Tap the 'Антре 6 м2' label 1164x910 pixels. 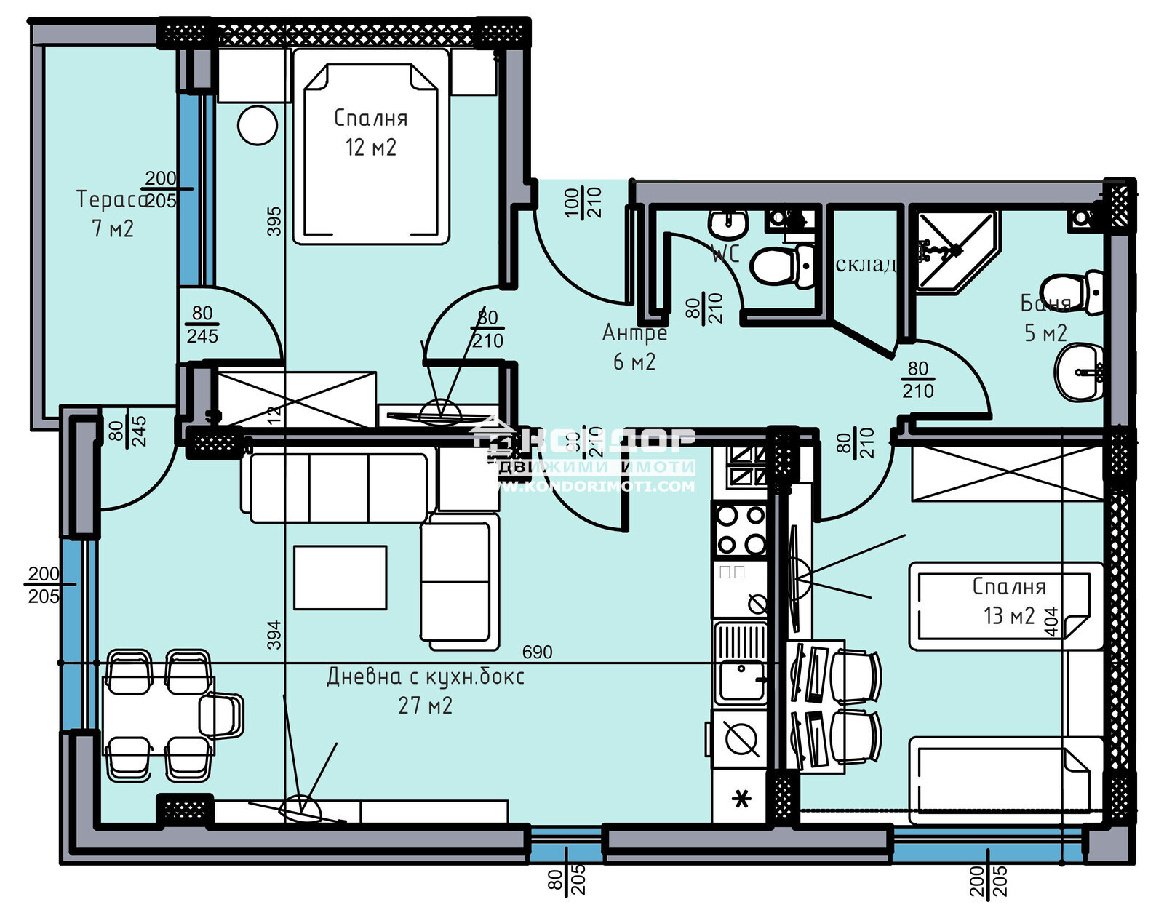point(634,346)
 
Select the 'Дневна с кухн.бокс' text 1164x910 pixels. point(426,676)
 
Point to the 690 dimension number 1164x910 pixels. point(537,652)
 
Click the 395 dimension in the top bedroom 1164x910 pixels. point(274,221)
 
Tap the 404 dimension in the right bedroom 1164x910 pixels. point(1051,622)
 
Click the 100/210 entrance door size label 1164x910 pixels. point(583,202)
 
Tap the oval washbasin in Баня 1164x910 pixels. point(1079,372)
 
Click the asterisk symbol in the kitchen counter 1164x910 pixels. point(741,799)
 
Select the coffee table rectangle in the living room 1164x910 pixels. point(340,578)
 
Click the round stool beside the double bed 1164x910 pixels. point(258,126)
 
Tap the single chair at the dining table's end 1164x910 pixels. point(222,716)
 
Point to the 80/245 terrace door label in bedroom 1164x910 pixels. point(202,324)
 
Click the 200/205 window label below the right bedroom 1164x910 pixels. point(989,880)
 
